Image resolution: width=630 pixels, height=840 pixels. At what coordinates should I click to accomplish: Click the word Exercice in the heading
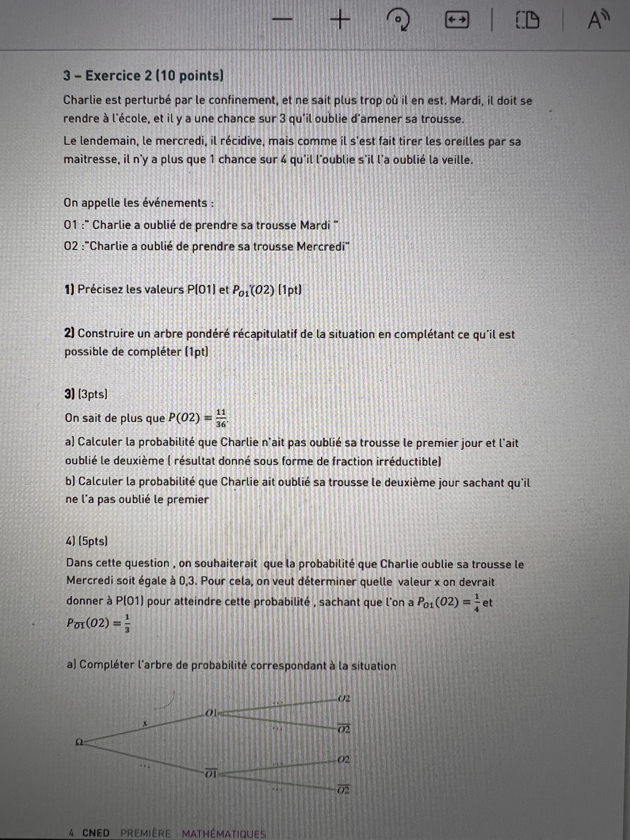(x=113, y=76)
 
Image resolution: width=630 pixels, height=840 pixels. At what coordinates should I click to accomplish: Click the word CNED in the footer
(x=96, y=833)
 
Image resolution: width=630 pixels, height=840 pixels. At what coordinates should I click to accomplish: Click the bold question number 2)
(x=70, y=333)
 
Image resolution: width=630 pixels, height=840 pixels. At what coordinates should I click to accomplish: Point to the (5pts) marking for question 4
(x=93, y=541)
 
